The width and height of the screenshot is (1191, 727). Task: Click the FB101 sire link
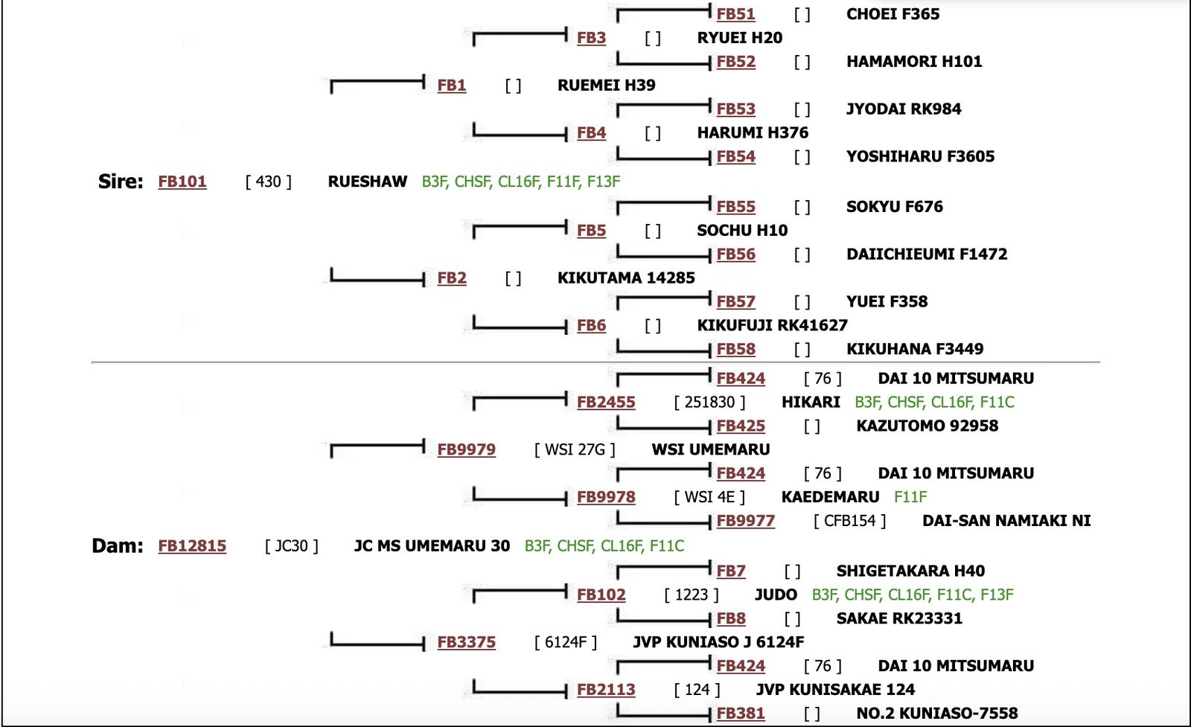[182, 182]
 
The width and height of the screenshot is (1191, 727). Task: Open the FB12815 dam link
[192, 546]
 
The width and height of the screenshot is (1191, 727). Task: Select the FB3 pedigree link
[591, 38]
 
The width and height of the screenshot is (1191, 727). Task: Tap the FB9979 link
[466, 449]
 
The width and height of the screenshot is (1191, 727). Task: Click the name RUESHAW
[368, 182]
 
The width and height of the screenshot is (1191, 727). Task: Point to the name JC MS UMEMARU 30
[432, 546]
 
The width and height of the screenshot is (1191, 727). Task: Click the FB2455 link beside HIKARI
[606, 403]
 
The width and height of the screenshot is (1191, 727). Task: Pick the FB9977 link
[745, 521]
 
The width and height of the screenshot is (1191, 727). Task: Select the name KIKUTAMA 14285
[626, 278]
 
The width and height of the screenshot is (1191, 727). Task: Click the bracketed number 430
[269, 182]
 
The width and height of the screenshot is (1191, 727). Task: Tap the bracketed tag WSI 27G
[575, 449]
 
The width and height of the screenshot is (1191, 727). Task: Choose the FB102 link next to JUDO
[601, 595]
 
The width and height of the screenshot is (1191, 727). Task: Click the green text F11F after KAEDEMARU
[910, 497]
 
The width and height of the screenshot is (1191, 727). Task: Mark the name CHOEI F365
[893, 14]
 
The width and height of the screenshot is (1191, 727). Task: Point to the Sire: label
[121, 182]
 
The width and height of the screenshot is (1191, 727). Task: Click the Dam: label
[118, 546]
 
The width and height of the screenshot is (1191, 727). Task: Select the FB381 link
[741, 714]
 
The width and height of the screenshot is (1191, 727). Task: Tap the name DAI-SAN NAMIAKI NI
[1006, 521]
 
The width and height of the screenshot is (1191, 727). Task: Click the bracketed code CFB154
[849, 521]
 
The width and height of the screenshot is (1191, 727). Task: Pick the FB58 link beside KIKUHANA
[735, 349]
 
